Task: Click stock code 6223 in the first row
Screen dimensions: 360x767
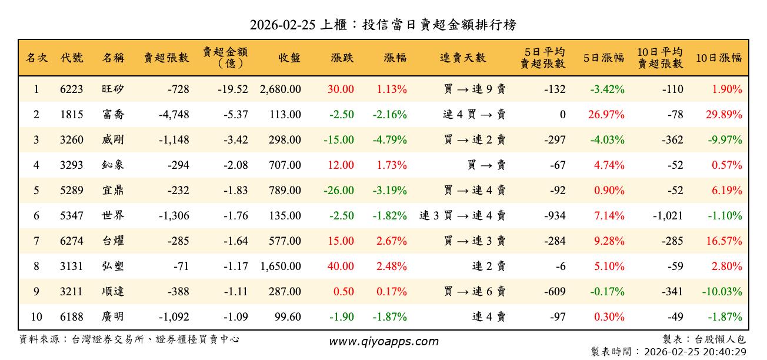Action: (x=72, y=89)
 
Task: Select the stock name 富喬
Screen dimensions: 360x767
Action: (x=113, y=115)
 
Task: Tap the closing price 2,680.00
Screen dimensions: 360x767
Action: (x=280, y=89)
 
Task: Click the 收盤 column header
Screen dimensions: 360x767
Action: (x=289, y=58)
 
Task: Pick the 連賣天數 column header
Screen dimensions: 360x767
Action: (x=463, y=58)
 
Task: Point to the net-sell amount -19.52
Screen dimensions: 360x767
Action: (x=232, y=89)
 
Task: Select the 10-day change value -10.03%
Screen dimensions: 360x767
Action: (x=722, y=292)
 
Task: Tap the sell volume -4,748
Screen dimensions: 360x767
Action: (x=174, y=115)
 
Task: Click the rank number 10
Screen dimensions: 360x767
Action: (x=36, y=317)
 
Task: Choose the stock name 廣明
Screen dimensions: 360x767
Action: (x=113, y=317)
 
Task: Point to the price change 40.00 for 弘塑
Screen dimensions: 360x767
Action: (x=341, y=266)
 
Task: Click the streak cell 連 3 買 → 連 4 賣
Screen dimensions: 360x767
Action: (x=462, y=216)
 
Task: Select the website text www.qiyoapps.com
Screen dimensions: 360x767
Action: (x=383, y=342)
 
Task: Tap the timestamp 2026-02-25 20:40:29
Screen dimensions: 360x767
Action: (x=695, y=352)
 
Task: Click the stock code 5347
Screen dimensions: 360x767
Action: (x=72, y=216)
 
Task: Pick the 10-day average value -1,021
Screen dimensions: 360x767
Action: (x=668, y=216)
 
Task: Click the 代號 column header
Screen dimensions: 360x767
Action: (x=72, y=58)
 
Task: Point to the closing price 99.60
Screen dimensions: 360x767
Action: (x=288, y=317)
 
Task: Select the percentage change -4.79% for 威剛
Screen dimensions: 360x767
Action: (x=389, y=140)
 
